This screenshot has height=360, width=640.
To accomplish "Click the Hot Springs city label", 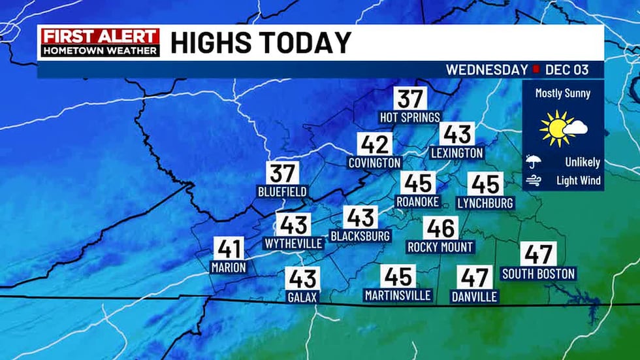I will pyautogui.click(x=410, y=117).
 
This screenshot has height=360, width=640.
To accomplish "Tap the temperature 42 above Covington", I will pyautogui.click(x=374, y=144).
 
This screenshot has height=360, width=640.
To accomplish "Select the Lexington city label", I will pyautogui.click(x=457, y=153).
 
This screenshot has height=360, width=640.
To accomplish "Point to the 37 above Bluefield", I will pyautogui.click(x=283, y=173).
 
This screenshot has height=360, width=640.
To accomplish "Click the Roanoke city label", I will pyautogui.click(x=418, y=202).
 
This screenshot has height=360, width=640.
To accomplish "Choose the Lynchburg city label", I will pyautogui.click(x=485, y=203).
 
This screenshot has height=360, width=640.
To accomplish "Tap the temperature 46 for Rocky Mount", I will pyautogui.click(x=440, y=228).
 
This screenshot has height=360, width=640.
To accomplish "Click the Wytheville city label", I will pyautogui.click(x=293, y=244).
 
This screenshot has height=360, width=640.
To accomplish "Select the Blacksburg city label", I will pyautogui.click(x=360, y=235).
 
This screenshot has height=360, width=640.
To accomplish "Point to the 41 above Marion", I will pyautogui.click(x=229, y=248).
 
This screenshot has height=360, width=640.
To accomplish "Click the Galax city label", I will pyautogui.click(x=302, y=297).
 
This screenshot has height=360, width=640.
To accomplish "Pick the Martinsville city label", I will pyautogui.click(x=398, y=295).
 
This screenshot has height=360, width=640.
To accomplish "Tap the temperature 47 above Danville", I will pyautogui.click(x=474, y=277).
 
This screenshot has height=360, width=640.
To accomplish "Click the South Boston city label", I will pyautogui.click(x=538, y=274).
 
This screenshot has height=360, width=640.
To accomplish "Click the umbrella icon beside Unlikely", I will pyautogui.click(x=533, y=161).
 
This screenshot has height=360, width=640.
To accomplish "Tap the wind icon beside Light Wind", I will pyautogui.click(x=533, y=180).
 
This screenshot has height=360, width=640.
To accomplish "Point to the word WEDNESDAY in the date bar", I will pyautogui.click(x=487, y=69).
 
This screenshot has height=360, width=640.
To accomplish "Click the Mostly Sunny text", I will pyautogui.click(x=563, y=93).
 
